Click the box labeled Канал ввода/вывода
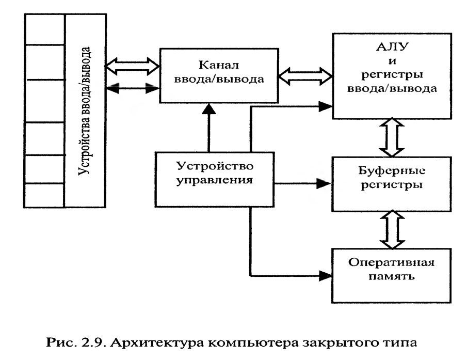click(x=219, y=75)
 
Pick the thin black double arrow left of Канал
click(x=132, y=88)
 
